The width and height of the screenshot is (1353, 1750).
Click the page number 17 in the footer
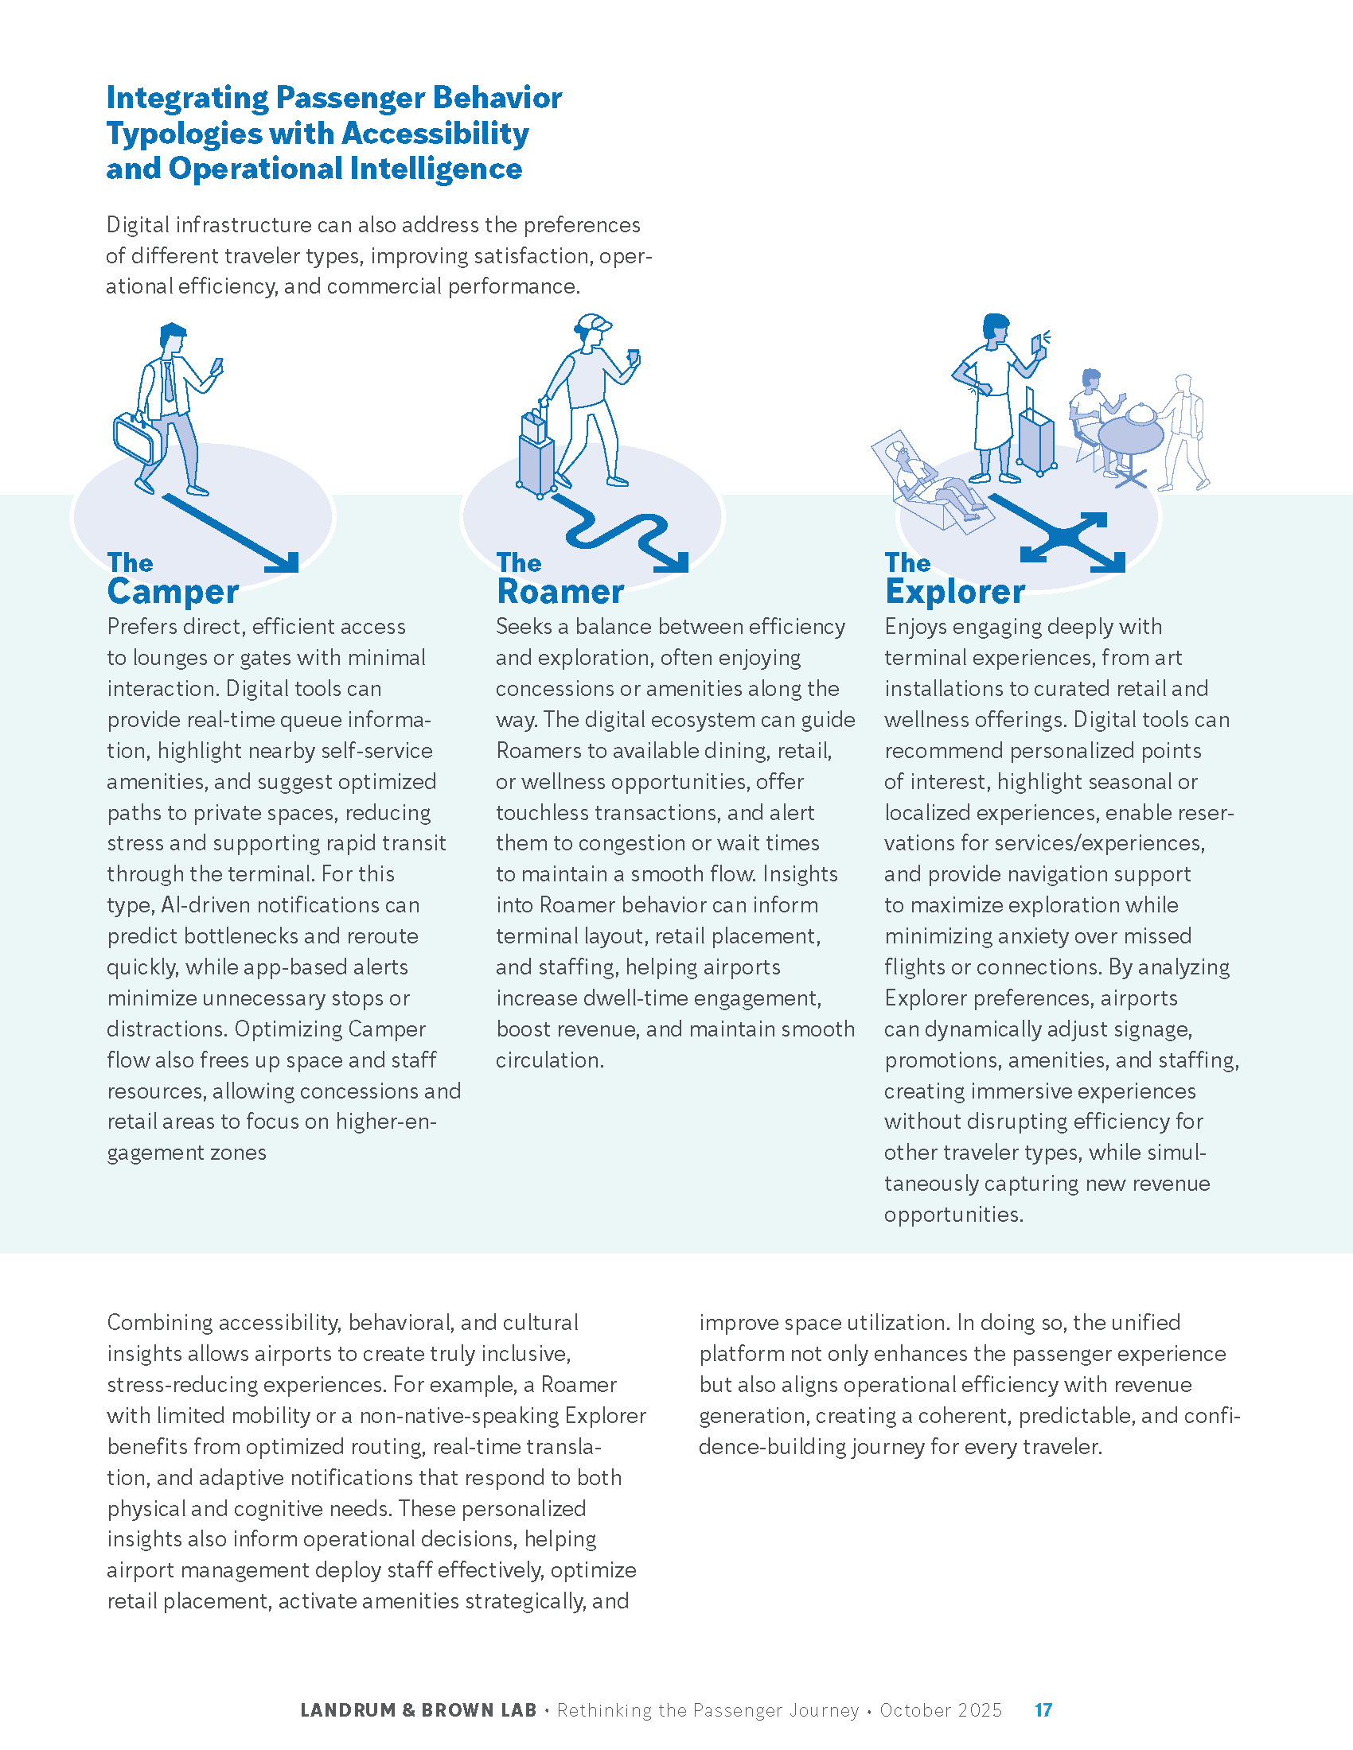[1043, 1710]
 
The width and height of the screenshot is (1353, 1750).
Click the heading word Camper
[174, 592]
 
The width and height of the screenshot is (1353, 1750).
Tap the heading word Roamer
[560, 592]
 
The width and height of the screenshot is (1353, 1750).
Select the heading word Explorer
[954, 592]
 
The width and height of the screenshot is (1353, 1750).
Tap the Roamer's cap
[594, 324]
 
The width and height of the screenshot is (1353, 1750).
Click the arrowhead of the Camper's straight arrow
[285, 561]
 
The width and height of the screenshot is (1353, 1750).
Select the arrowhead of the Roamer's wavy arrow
[673, 562]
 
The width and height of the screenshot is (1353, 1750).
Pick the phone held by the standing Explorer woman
[1037, 343]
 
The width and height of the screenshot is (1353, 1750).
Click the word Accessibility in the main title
[438, 134]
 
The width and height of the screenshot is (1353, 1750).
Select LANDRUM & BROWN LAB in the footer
[418, 1710]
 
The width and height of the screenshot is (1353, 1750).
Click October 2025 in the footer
[940, 1710]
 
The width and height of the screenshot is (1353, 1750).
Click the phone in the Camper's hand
[216, 366]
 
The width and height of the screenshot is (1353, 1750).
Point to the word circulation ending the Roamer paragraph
[548, 1060]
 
